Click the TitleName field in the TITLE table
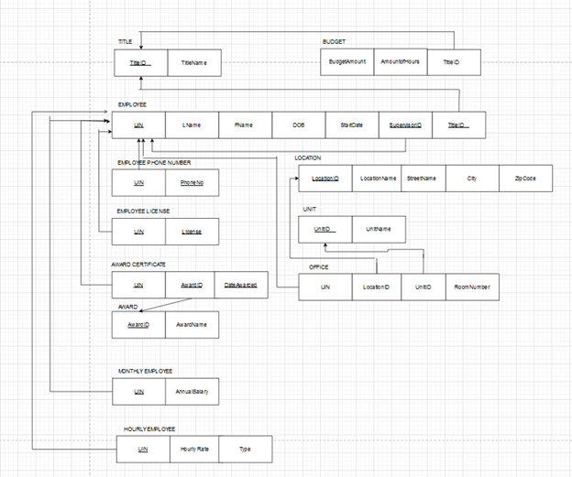pos(193,62)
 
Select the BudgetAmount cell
pos(347,61)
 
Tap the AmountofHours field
pos(400,61)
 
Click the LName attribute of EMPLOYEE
pos(192,125)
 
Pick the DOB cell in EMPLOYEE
pos(299,125)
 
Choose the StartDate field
pos(352,125)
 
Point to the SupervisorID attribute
pos(405,125)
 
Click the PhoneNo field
pos(192,182)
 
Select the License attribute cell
pos(192,232)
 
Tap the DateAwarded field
pos(240,286)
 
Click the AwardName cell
pos(192,324)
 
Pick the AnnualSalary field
pos(192,392)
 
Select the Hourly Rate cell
pos(193,450)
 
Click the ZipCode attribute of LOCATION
pos(525,179)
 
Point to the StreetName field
pos(422,179)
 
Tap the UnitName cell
pos(378,229)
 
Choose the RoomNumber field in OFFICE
pos(472,287)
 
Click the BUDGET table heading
pos(335,42)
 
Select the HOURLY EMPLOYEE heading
pos(149,428)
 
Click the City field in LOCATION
pos(473,179)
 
